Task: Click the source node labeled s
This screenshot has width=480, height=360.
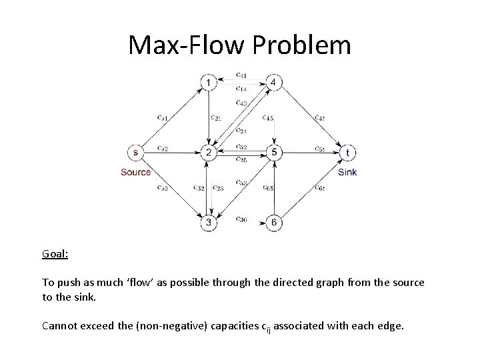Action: (136, 153)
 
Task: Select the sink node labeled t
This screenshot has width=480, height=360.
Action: (347, 153)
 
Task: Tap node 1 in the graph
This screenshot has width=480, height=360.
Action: (209, 83)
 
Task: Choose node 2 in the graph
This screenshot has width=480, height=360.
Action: (209, 153)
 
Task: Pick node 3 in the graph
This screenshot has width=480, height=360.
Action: (209, 221)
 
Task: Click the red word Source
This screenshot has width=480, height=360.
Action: (135, 172)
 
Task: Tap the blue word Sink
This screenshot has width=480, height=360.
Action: (347, 172)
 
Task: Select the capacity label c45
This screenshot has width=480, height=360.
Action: (269, 119)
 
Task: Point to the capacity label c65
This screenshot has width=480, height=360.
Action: (269, 187)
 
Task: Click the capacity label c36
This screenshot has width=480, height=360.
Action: (241, 219)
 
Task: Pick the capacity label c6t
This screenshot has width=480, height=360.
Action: (319, 187)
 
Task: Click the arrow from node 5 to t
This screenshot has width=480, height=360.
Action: (310, 153)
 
